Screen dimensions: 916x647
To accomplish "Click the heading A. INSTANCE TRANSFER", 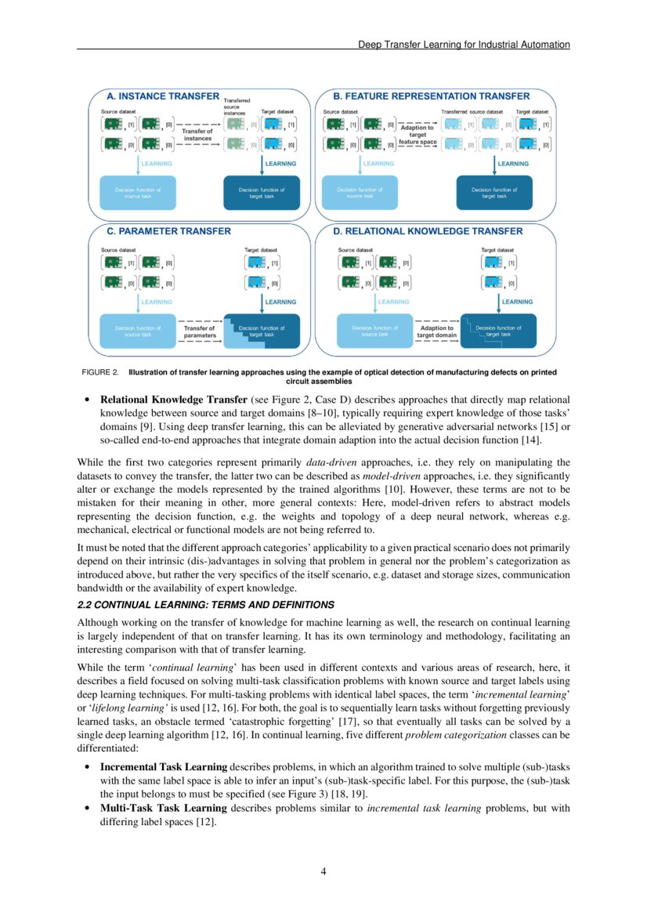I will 163,96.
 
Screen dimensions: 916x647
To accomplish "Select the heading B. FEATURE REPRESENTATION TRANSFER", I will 431,96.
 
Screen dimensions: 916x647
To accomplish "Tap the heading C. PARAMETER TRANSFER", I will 168,231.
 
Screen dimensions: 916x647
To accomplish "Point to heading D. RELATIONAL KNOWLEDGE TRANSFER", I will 428,231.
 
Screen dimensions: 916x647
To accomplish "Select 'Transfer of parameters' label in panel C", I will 199,331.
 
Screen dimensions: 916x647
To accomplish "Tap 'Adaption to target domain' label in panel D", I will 436,331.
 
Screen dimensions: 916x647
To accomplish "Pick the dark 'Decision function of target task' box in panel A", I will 262,192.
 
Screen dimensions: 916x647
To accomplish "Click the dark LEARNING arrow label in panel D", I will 517,302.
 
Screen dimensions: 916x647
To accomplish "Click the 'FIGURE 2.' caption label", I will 99,371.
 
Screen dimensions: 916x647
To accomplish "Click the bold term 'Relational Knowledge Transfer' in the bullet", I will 162,400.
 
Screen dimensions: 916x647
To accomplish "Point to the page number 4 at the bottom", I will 323,871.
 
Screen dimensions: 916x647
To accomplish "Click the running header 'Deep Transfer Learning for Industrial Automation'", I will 464,45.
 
